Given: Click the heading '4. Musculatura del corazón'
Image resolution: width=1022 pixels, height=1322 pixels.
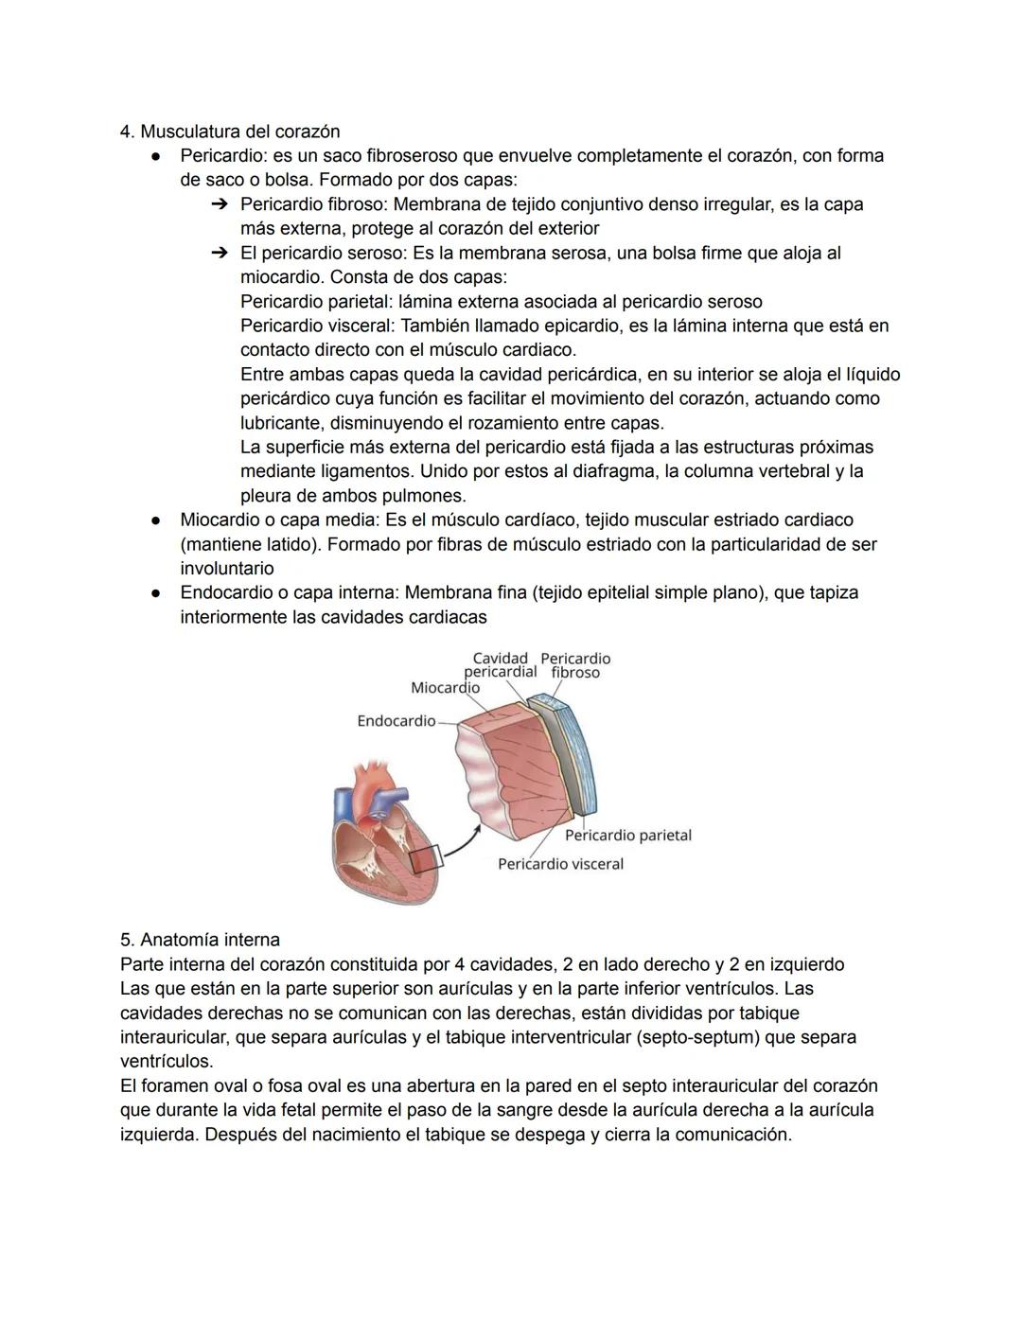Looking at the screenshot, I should point(230,132).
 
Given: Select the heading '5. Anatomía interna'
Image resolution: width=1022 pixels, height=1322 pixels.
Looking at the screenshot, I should point(200,940).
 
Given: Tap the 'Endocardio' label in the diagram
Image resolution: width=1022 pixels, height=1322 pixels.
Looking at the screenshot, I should point(396,721).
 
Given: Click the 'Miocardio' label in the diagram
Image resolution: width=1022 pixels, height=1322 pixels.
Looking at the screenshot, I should point(445,688).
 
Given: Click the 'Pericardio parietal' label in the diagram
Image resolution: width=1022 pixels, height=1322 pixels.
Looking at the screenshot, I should point(627,836).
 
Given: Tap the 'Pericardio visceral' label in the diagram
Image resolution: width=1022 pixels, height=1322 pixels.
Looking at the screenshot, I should point(560,864).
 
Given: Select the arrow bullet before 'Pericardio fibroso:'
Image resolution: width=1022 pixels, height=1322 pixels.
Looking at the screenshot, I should point(220,204).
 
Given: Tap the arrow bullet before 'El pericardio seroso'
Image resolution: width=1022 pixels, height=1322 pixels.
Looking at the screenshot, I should point(220,254).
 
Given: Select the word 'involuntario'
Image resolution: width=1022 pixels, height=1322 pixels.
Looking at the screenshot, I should point(227,569).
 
